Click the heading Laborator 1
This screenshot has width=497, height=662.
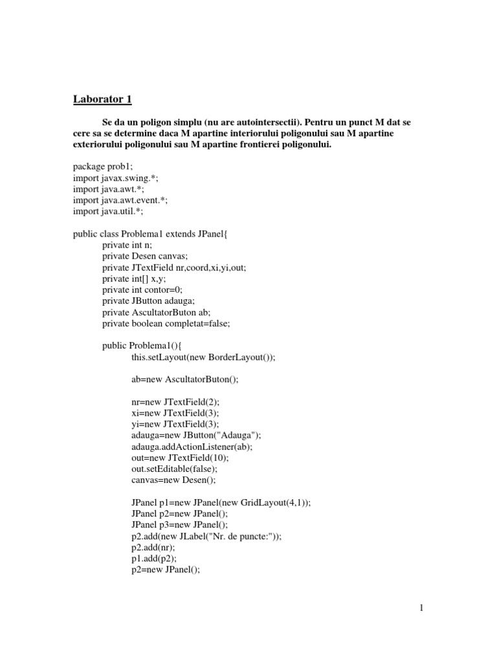pos(102,100)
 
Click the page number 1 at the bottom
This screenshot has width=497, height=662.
pos(421,608)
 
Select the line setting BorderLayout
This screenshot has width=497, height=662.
pos(203,357)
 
